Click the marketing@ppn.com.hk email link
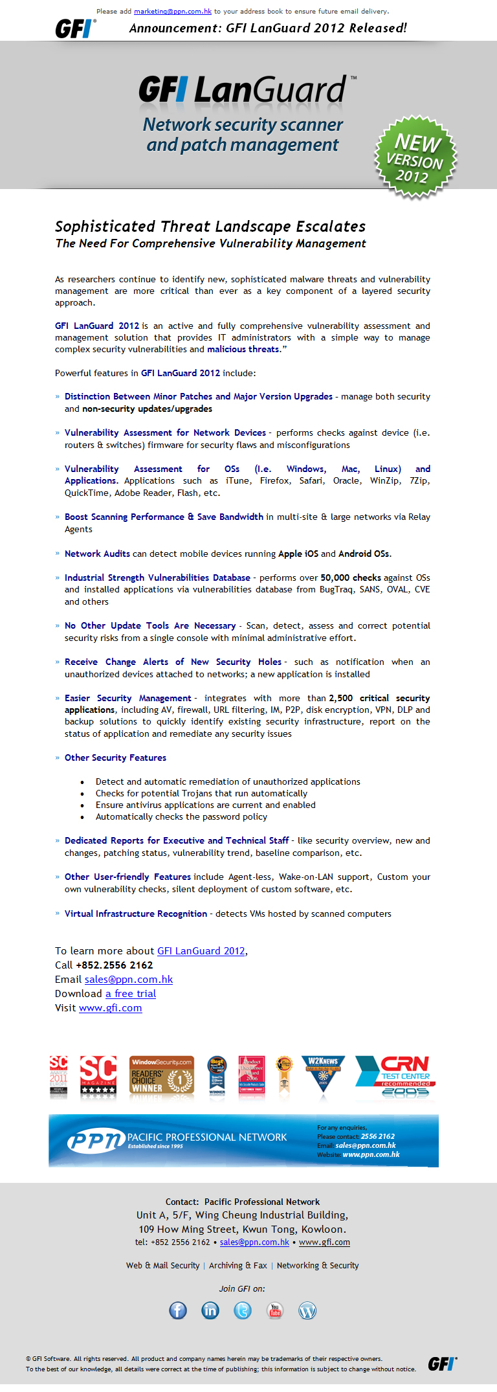(173, 12)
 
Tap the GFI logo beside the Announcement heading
(74, 28)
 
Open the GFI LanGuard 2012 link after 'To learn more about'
(201, 951)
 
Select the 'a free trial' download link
(131, 994)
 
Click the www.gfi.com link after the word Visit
(110, 1008)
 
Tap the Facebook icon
(178, 1310)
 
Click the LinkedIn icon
(210, 1310)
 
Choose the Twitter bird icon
(243, 1310)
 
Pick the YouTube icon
(275, 1310)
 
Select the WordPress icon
(307, 1310)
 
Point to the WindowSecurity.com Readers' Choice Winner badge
(161, 1075)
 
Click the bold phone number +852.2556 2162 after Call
(115, 965)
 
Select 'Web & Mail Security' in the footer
(162, 1266)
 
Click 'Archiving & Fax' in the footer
(237, 1266)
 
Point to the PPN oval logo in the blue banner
(96, 1141)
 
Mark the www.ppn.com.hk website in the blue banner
(371, 1154)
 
